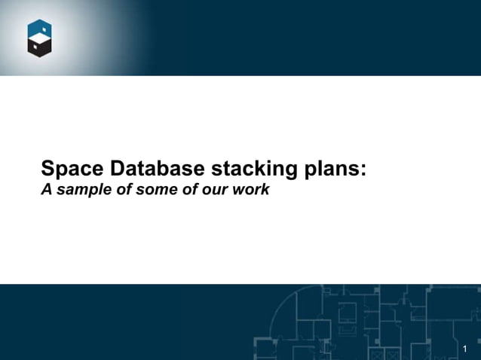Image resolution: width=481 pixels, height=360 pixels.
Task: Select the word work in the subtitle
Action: [x=250, y=190]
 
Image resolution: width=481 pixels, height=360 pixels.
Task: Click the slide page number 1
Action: [x=465, y=348]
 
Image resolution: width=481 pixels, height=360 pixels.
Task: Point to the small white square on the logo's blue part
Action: [x=44, y=28]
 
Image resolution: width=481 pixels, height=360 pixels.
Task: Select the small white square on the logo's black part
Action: [x=32, y=50]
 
